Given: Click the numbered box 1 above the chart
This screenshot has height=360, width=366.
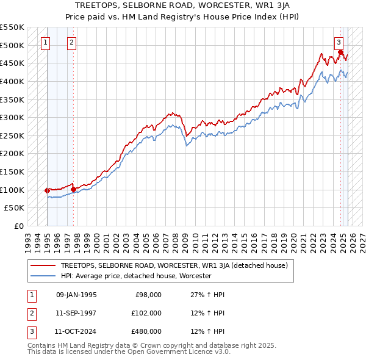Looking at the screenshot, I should point(46,42).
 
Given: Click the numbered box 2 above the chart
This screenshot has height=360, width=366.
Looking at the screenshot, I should point(71,42).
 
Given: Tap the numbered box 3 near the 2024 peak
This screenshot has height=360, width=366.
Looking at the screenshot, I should point(339,42).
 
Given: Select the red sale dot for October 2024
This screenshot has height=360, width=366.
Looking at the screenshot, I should point(340,52).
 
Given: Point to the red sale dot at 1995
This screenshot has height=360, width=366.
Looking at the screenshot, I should point(47,190).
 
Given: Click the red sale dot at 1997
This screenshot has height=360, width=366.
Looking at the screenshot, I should point(73,189).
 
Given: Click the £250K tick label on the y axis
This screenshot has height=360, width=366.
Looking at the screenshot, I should point(12,135).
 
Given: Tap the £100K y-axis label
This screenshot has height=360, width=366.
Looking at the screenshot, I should point(12,190).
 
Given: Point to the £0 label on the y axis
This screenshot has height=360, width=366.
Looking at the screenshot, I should point(18,226).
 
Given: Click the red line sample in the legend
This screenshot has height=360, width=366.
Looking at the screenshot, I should point(43,265).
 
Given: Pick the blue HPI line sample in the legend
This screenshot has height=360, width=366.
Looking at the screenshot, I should point(43,276).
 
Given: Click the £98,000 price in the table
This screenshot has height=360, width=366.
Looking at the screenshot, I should point(148,295).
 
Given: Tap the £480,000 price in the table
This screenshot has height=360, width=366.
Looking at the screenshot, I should point(146,331).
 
